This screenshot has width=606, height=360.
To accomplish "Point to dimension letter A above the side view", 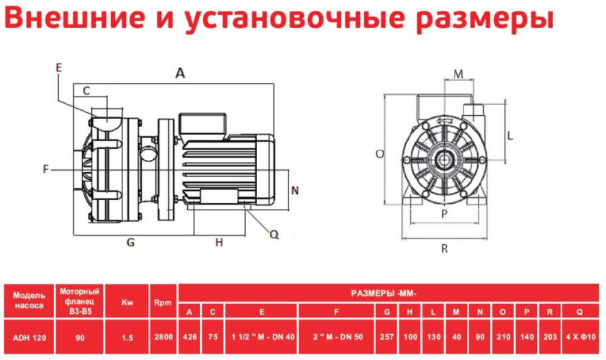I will pos(181,72).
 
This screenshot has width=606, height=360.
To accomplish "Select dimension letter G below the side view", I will pos(130,243).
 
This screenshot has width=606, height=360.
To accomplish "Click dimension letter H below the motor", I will pos(220,243).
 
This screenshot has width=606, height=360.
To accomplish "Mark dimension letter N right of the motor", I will pos(294,190).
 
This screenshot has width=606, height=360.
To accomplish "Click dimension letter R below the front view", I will pos(445,248).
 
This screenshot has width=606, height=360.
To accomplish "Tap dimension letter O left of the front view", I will pos(379,153).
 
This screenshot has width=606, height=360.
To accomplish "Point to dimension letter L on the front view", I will pos(509,135).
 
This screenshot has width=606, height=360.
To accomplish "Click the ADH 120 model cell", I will pos(29,336).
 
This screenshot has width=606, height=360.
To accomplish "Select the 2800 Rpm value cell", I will pos(163,336).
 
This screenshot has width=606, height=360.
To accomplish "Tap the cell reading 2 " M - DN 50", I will pos(338,336).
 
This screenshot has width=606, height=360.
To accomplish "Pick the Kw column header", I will pos(127,302).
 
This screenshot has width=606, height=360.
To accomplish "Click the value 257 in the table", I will pos(388,336).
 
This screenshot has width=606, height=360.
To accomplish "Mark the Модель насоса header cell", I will pos(29,300).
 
